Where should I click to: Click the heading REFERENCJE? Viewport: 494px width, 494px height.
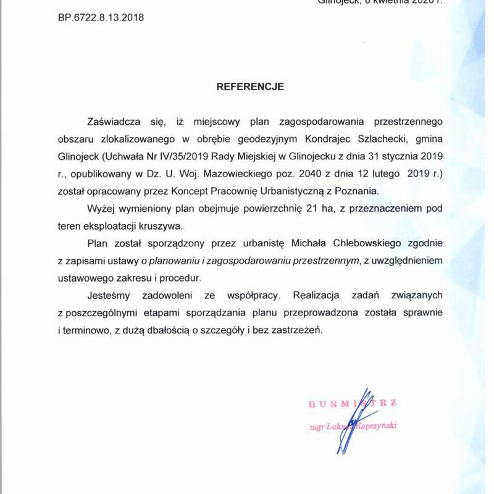tap(250, 86)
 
